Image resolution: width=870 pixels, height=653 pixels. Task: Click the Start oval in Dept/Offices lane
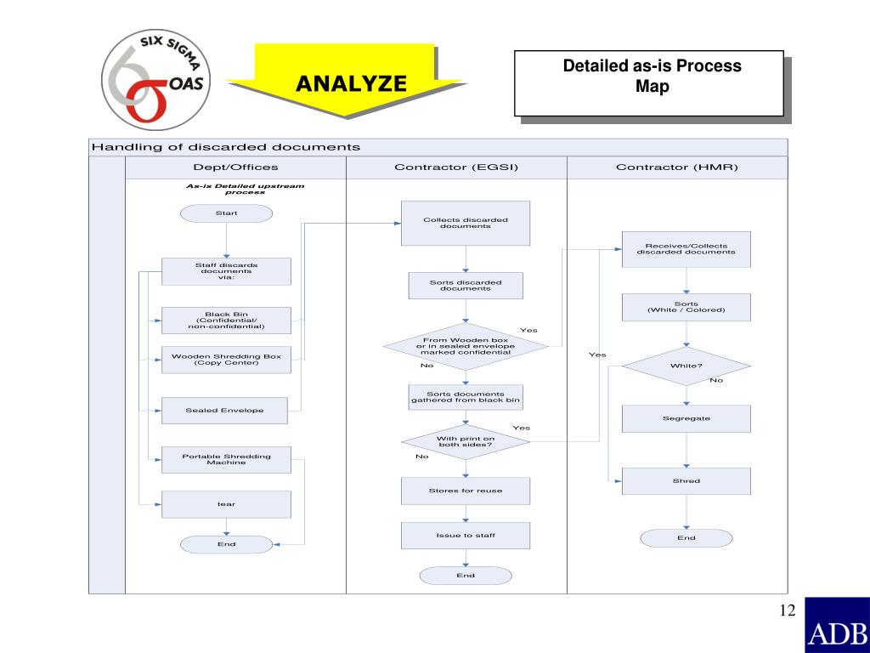[226, 213]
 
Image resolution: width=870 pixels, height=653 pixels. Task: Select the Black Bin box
[226, 320]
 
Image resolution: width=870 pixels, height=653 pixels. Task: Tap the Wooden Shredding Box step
[226, 360]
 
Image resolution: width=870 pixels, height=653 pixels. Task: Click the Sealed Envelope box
[226, 410]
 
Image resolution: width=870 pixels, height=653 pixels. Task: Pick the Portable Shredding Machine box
[226, 459]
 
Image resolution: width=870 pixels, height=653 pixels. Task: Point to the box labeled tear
[226, 504]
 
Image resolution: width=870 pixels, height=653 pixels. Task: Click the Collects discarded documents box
[465, 223]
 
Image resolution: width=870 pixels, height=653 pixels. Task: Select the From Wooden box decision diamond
[465, 346]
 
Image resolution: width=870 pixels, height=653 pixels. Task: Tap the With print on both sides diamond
[465, 442]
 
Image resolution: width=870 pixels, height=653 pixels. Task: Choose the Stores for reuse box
[465, 491]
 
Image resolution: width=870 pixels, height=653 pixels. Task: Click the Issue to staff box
[465, 535]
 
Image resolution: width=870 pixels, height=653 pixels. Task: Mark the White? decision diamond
[686, 366]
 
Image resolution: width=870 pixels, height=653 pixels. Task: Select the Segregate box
[686, 418]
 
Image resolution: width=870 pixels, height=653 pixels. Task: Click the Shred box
[686, 481]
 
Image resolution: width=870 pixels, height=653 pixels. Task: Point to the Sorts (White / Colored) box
[686, 307]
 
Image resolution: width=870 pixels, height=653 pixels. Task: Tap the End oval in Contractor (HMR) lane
[686, 537]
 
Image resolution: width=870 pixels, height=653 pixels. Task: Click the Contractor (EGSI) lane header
[456, 168]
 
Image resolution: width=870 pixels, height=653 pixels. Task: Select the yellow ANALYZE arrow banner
[351, 82]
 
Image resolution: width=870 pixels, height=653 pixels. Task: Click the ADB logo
[836, 624]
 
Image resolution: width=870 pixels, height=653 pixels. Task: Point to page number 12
[786, 610]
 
